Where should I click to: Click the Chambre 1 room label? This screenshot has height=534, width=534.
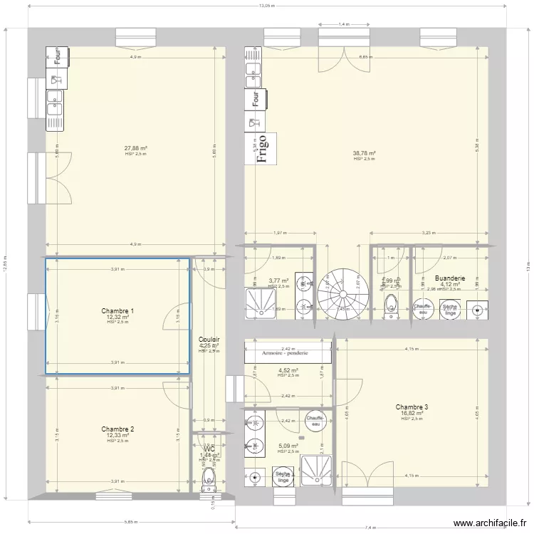117,311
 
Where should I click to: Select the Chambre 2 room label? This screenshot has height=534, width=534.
117,429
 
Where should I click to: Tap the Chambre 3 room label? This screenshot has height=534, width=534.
412,407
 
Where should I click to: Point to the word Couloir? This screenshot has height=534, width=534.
209,340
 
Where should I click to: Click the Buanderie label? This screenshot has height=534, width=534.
449,278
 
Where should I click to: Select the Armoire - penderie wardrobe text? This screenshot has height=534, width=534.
285,352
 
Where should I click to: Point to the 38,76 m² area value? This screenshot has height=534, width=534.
364,153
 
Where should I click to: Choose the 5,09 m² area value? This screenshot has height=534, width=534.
288,446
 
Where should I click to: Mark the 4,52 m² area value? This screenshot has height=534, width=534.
288,370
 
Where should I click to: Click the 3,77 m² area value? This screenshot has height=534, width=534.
278,281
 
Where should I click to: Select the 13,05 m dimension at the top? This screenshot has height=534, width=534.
266,6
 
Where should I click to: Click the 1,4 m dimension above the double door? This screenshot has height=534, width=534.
344,24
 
